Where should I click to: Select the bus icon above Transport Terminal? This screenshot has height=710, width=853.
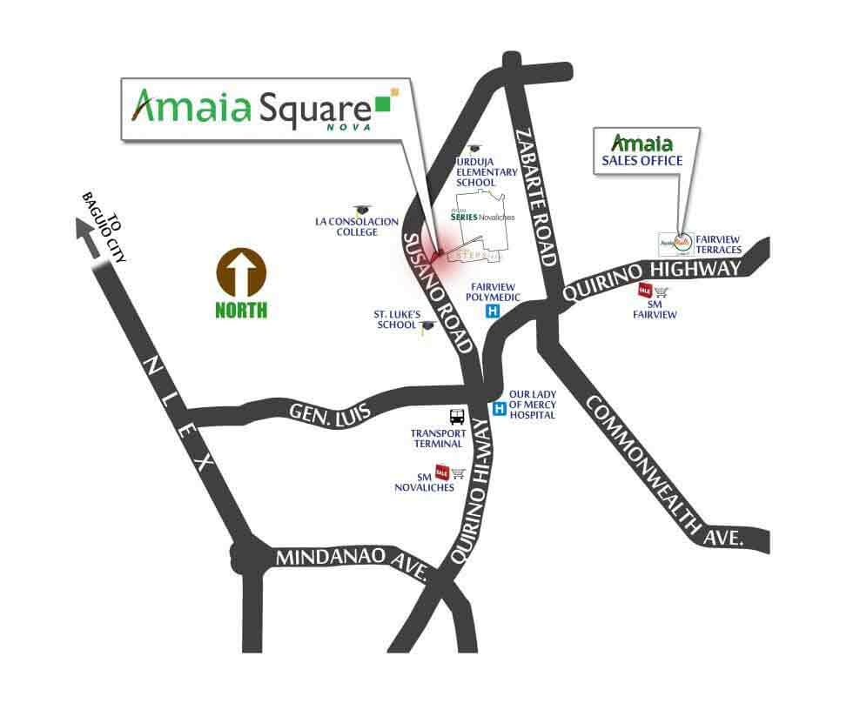click(x=456, y=416)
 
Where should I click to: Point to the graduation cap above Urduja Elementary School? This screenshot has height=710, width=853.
click(x=474, y=150)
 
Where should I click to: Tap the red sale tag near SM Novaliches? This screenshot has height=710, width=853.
click(x=441, y=472)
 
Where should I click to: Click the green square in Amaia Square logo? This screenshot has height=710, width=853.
click(x=382, y=104)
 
